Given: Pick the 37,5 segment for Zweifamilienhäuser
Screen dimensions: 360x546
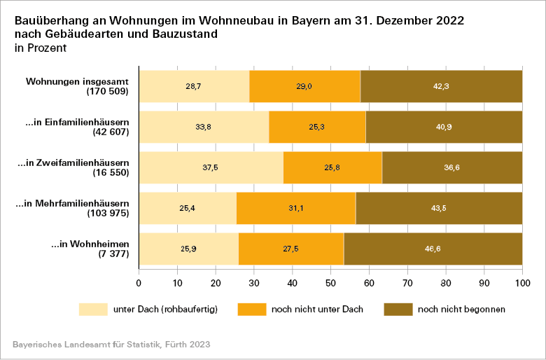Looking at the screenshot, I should click(211, 167).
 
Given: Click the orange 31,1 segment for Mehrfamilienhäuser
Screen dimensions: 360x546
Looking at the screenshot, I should click(296, 208).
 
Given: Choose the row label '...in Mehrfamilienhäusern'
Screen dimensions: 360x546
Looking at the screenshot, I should click(77, 203).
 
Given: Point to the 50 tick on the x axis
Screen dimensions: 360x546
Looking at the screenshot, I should click(330, 283).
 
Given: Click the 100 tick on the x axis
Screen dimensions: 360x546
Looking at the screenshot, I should click(522, 283).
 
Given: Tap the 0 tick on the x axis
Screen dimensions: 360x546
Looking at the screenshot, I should click(139, 283).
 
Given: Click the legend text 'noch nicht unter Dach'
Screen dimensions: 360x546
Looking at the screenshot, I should click(312, 309).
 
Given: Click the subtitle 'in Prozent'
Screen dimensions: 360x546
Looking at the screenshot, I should click(41, 48).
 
